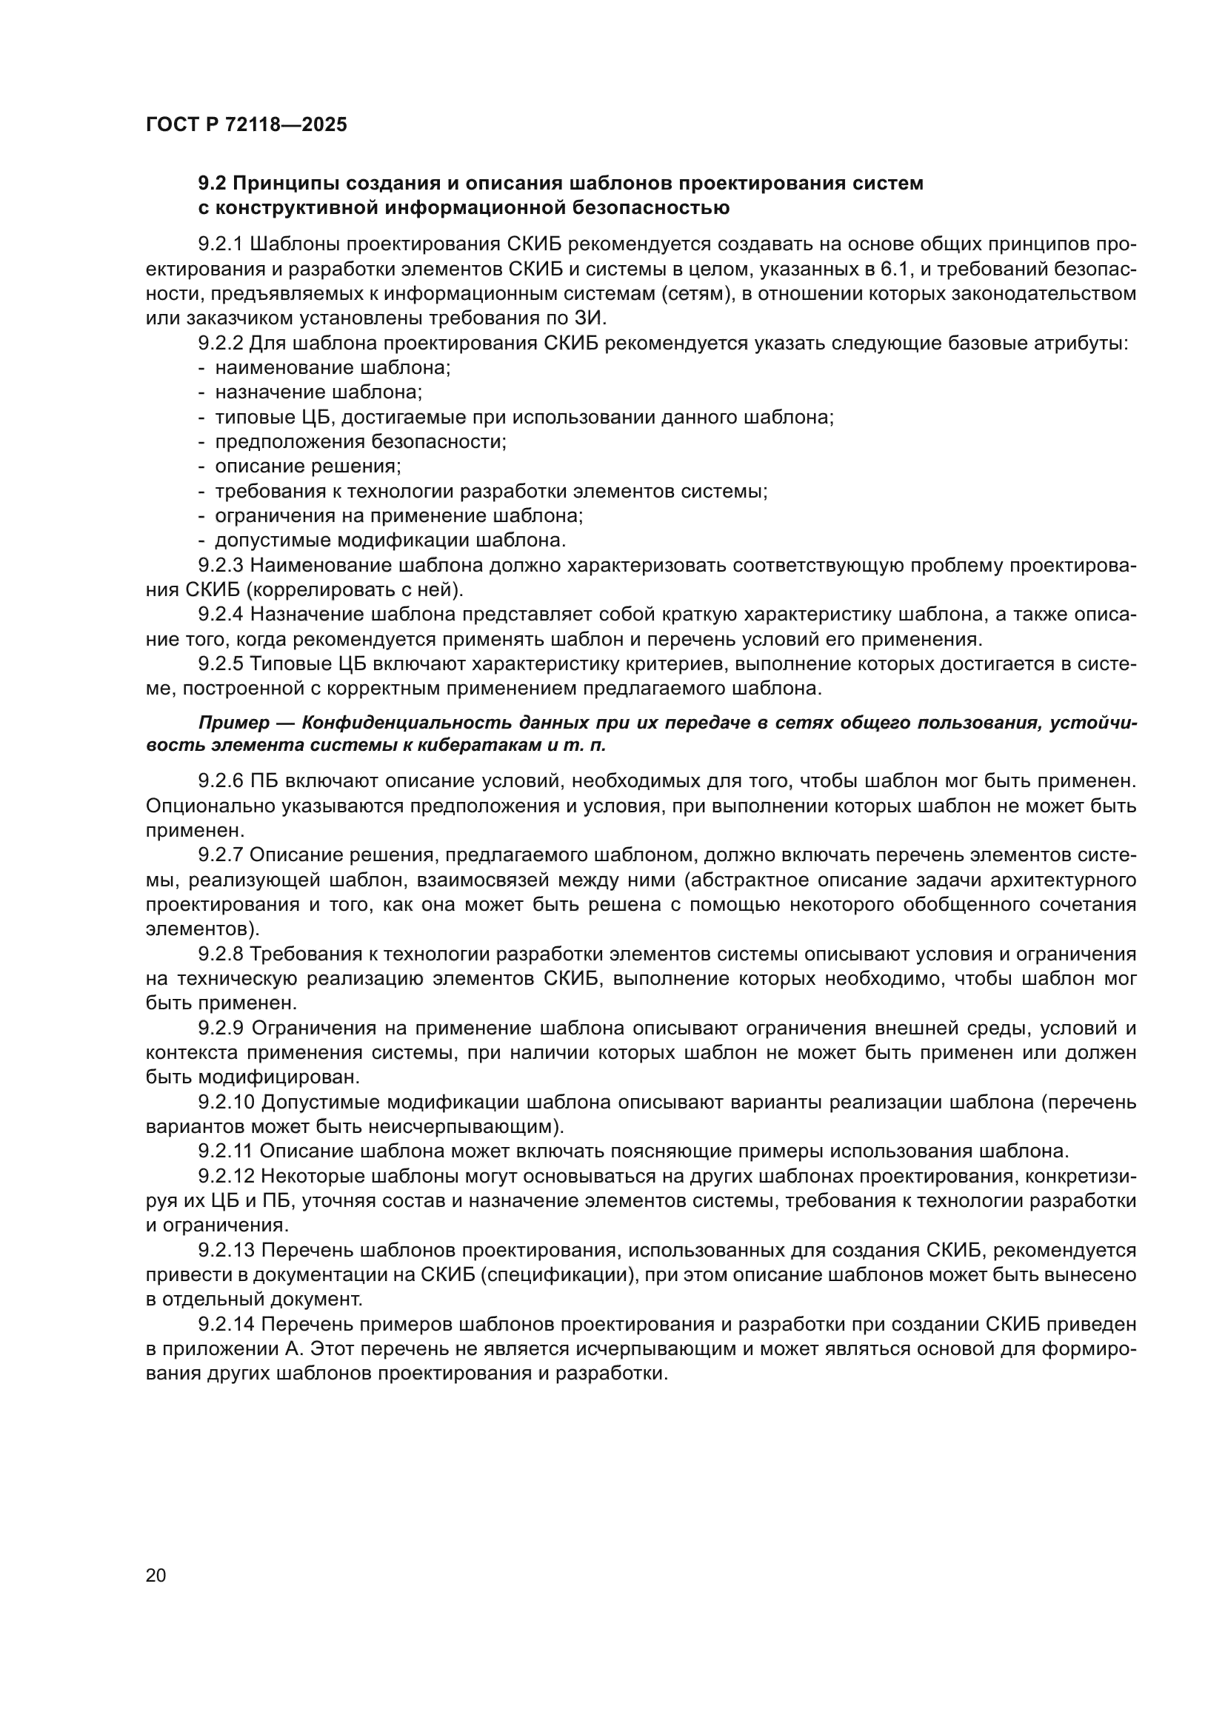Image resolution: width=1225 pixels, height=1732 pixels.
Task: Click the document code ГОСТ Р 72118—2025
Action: pos(246,124)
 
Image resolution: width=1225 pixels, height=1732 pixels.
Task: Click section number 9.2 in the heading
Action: pos(213,184)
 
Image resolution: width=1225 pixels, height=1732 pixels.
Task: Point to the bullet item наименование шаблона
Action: pos(333,368)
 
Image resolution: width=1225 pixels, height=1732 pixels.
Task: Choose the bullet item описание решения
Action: pos(308,467)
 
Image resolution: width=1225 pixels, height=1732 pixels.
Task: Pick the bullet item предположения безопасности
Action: pos(361,441)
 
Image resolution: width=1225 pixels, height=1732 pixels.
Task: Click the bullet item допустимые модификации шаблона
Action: pos(390,540)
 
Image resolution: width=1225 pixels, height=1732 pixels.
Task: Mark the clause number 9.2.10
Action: pos(227,1102)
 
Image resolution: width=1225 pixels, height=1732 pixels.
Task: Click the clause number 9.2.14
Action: pos(227,1324)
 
